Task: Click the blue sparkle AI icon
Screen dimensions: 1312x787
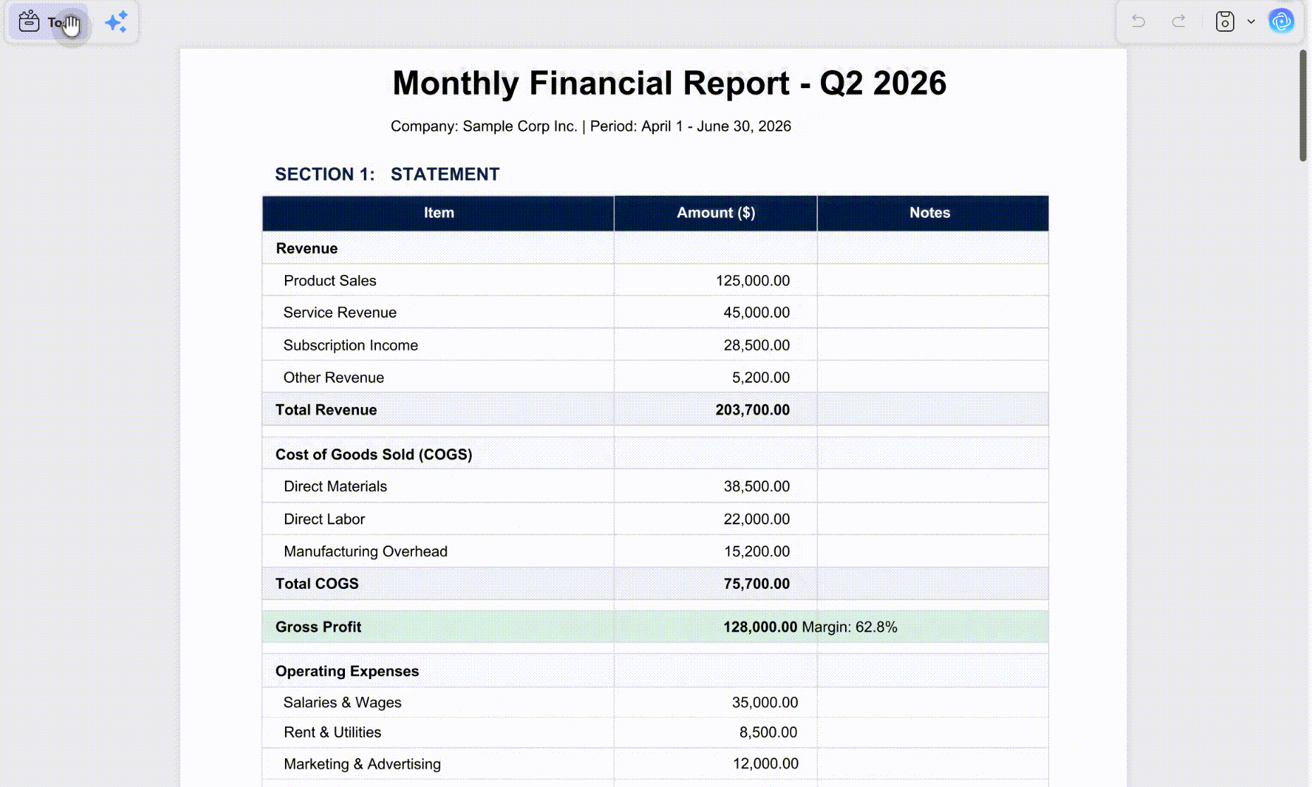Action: point(116,22)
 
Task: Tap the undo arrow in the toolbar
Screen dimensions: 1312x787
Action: point(1138,21)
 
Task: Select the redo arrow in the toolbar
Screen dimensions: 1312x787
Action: point(1179,21)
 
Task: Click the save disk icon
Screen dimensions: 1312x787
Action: point(1225,21)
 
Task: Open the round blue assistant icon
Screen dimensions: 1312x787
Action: point(1281,21)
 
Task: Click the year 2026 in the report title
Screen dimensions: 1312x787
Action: point(909,83)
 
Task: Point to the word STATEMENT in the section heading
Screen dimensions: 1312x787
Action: point(445,174)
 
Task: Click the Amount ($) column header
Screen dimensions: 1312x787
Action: point(716,213)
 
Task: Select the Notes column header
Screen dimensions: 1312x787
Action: point(930,213)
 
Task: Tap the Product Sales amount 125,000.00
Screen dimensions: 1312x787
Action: point(753,281)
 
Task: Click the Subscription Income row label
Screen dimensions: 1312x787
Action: point(351,346)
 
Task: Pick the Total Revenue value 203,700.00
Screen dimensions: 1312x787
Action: point(753,410)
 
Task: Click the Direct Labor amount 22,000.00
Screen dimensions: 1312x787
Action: point(757,519)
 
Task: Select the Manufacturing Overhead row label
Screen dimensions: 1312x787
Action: point(365,551)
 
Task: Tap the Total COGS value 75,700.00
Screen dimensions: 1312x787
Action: point(757,584)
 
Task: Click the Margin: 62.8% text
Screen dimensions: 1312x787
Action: point(850,627)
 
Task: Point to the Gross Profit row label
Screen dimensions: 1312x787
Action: point(318,627)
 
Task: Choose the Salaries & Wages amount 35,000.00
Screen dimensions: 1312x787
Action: point(765,702)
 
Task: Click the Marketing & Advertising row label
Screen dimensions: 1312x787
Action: point(362,764)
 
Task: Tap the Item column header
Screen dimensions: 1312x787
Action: point(439,213)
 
